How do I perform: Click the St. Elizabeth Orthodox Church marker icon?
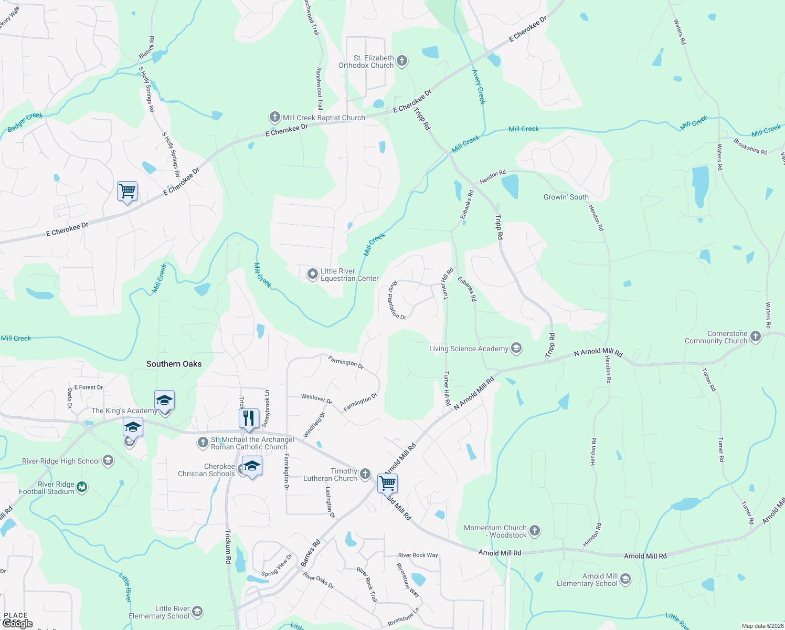pos(402,61)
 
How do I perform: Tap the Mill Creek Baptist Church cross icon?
pos(274,117)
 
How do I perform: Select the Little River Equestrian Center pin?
pos(312,274)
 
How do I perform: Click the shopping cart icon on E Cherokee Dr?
pos(127,191)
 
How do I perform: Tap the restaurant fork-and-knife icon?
pos(249,418)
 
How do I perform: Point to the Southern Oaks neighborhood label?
pos(174,364)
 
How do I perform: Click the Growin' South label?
pos(566,197)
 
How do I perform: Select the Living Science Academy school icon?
pos(516,349)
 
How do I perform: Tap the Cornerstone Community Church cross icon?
pos(755,337)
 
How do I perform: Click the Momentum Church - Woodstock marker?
pos(534,531)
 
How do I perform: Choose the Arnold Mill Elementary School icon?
pos(625,579)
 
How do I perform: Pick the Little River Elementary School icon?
pos(197,612)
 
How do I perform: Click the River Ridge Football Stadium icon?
pos(82,487)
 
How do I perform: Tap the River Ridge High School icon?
pos(108,461)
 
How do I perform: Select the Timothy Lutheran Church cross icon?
pos(365,475)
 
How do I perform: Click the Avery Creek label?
pos(479,87)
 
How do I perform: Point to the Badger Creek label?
pos(25,122)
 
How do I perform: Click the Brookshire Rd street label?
pos(750,146)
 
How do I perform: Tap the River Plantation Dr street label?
pos(397,300)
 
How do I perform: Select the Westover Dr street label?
pos(316,398)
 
